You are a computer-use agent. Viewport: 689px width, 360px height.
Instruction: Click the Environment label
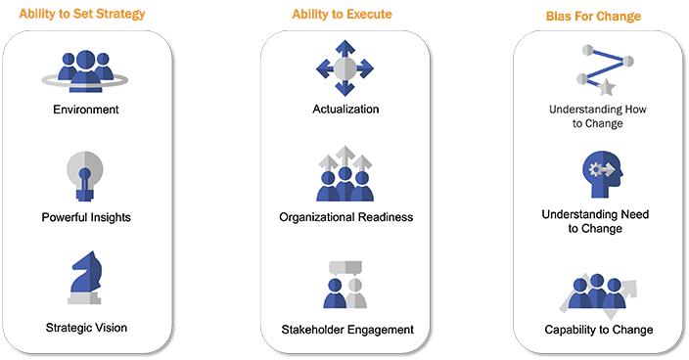click(85, 109)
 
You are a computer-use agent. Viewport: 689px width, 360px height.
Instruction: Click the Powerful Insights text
click(85, 216)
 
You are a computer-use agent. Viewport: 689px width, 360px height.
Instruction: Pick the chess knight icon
click(86, 277)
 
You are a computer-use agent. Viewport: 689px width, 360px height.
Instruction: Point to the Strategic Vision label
click(85, 327)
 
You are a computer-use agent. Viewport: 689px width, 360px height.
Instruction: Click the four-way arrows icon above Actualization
click(344, 68)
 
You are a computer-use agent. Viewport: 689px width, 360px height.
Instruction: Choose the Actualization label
click(344, 109)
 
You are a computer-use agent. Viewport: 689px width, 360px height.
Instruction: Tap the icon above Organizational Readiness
click(344, 173)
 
